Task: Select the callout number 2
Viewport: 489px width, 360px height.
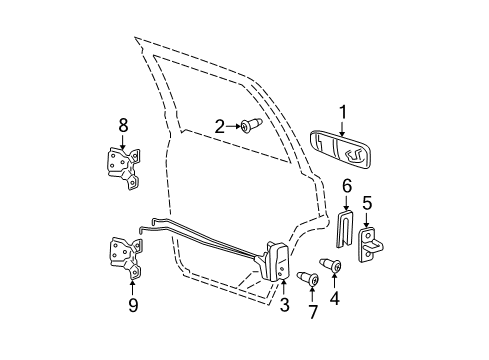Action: click(x=219, y=127)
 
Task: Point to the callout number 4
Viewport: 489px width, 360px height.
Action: click(x=335, y=297)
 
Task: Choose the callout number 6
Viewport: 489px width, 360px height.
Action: click(x=347, y=186)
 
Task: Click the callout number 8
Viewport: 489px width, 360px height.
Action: click(x=123, y=126)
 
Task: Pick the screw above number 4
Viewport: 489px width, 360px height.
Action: click(x=335, y=266)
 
